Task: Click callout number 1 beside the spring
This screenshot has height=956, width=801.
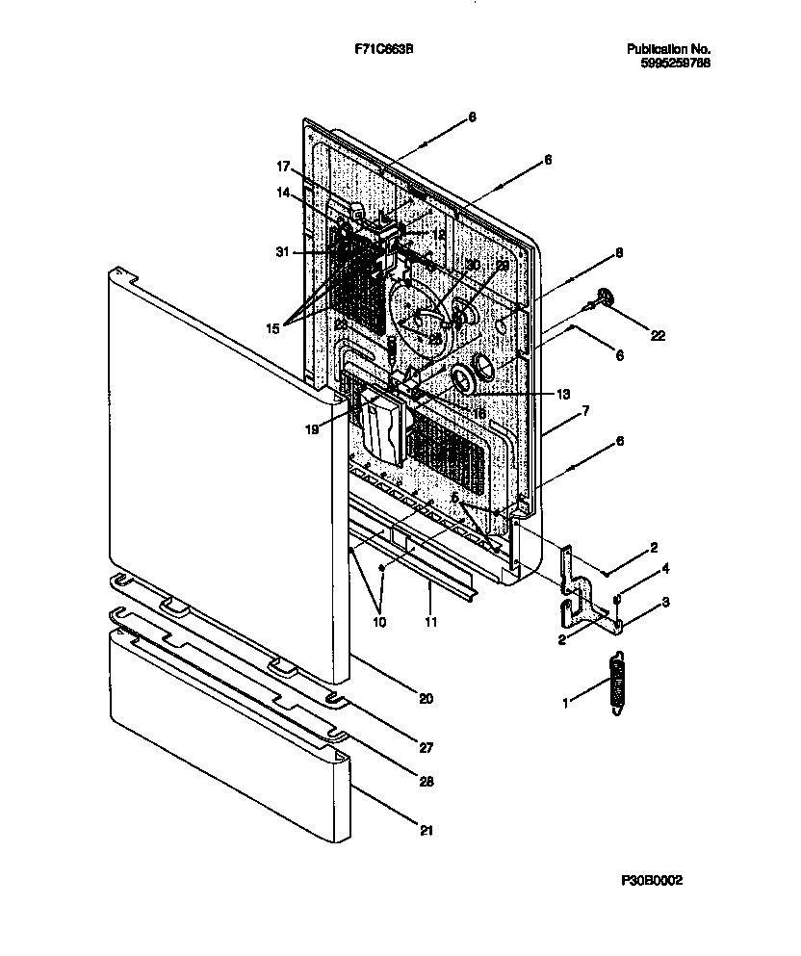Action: click(x=566, y=704)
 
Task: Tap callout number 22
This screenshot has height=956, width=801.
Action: click(x=658, y=335)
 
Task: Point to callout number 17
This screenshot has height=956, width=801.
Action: click(x=285, y=166)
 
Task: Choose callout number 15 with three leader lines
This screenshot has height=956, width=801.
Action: click(x=272, y=328)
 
